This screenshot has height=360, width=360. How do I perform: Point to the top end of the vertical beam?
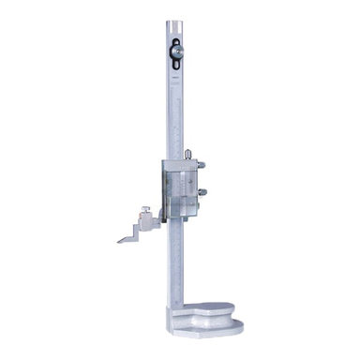175,23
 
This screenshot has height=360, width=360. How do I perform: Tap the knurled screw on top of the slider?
188,154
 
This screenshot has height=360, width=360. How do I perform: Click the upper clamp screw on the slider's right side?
201,166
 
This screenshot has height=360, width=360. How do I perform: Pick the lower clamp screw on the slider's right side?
201,194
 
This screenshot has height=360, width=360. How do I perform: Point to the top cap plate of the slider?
180,161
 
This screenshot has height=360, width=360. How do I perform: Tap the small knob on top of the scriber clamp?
146,211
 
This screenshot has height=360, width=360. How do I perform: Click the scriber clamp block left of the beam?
148,222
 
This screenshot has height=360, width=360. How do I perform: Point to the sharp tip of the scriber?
119,242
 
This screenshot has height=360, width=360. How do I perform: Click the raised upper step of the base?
210,310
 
